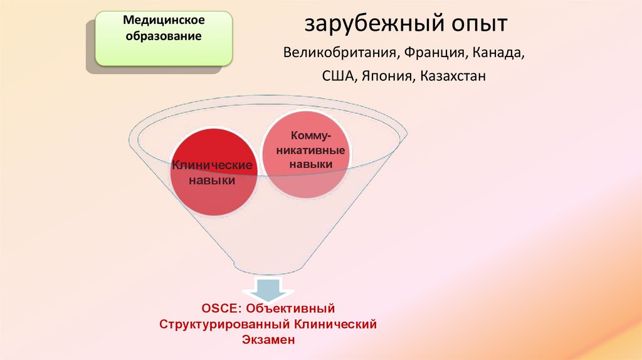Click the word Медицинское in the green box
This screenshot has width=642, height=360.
tap(164, 21)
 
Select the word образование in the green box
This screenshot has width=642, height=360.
tap(164, 36)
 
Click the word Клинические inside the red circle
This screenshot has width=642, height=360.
tap(212, 166)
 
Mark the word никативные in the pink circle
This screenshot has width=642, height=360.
tap(306, 151)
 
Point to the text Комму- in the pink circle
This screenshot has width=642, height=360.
tap(306, 137)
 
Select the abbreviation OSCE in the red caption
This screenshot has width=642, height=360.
tap(221, 309)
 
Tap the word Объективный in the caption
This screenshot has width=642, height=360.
tap(292, 309)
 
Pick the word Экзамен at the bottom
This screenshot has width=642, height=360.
tap(267, 340)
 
